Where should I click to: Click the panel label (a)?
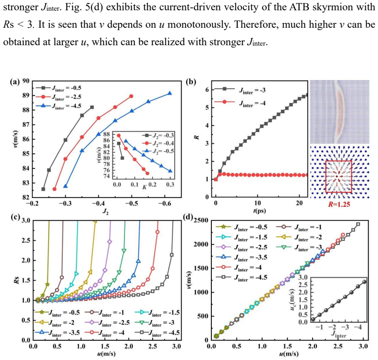pyautogui.click(x=14, y=82)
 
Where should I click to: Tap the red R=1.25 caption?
pyautogui.click(x=339, y=204)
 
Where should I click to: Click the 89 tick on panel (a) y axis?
pyautogui.click(x=26, y=95)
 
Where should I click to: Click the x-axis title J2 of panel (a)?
pyautogui.click(x=106, y=211)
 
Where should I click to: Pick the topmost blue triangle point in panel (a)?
pyautogui.click(x=170, y=93)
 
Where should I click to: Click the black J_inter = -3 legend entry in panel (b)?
pyautogui.click(x=240, y=90)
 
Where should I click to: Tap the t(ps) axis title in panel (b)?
pyautogui.click(x=259, y=210)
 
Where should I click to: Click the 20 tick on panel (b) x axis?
pyautogui.click(x=299, y=203)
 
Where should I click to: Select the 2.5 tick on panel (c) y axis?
pyautogui.click(x=26, y=240)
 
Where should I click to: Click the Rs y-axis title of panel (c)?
pyautogui.click(x=17, y=280)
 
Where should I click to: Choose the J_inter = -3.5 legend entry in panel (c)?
pyautogui.click(x=57, y=333)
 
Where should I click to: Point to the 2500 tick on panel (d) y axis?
pyautogui.click(x=201, y=220)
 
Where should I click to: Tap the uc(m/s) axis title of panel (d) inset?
pyautogui.click(x=292, y=299)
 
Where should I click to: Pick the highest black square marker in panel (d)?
pyautogui.click(x=358, y=224)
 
